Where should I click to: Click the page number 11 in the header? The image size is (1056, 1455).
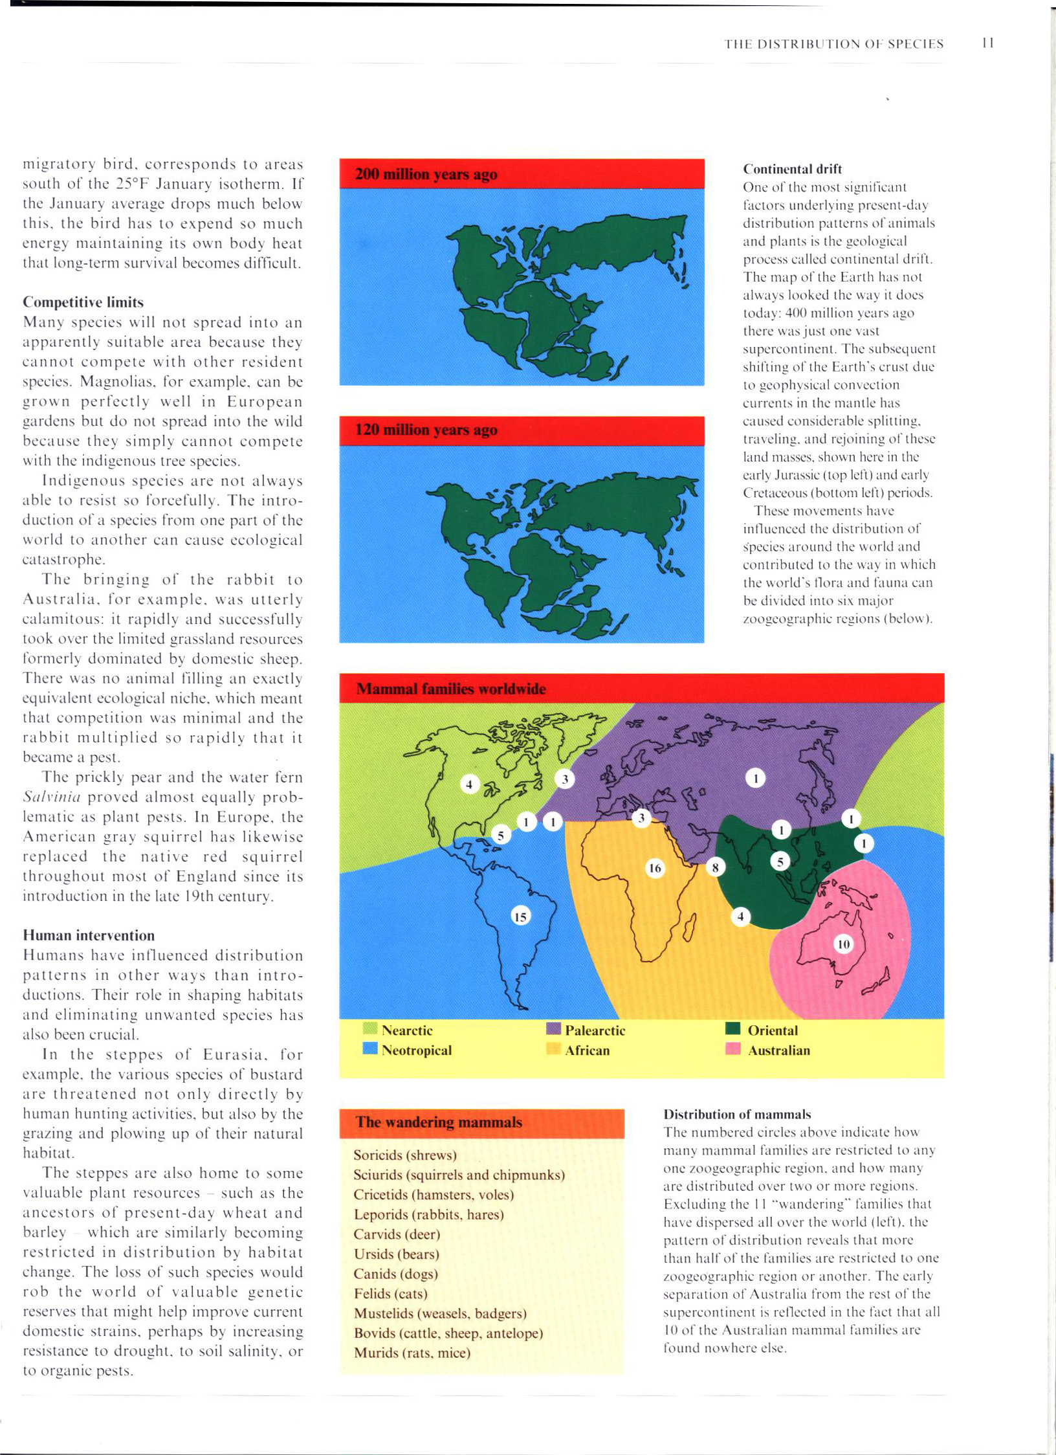[x=987, y=43]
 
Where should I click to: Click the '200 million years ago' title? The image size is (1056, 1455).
[x=426, y=174]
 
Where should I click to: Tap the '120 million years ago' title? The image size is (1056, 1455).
[x=426, y=430]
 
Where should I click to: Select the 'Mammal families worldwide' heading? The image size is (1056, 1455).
[x=451, y=689]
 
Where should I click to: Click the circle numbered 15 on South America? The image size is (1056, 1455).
[x=520, y=916]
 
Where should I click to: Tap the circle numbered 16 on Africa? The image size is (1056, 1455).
[x=655, y=867]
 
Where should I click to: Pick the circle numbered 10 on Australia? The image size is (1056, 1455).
[x=843, y=944]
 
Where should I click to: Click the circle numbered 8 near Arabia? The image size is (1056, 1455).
[x=715, y=867]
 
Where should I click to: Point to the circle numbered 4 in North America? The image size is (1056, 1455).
[x=469, y=784]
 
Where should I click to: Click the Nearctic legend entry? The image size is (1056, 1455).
[x=406, y=1030]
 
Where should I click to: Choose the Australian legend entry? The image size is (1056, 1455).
[x=778, y=1050]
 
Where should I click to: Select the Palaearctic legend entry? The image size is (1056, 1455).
[x=594, y=1030]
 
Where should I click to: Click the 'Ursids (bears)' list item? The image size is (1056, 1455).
[x=396, y=1254]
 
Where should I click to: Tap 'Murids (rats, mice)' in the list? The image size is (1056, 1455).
[x=412, y=1353]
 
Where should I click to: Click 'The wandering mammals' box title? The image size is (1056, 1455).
[x=439, y=1122]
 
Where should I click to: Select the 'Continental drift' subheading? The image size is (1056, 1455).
[x=792, y=169]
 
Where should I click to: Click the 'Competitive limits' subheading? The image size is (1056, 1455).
[x=83, y=302]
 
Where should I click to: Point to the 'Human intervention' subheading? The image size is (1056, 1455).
[x=89, y=935]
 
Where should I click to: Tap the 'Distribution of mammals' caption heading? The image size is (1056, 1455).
[x=737, y=1114]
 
